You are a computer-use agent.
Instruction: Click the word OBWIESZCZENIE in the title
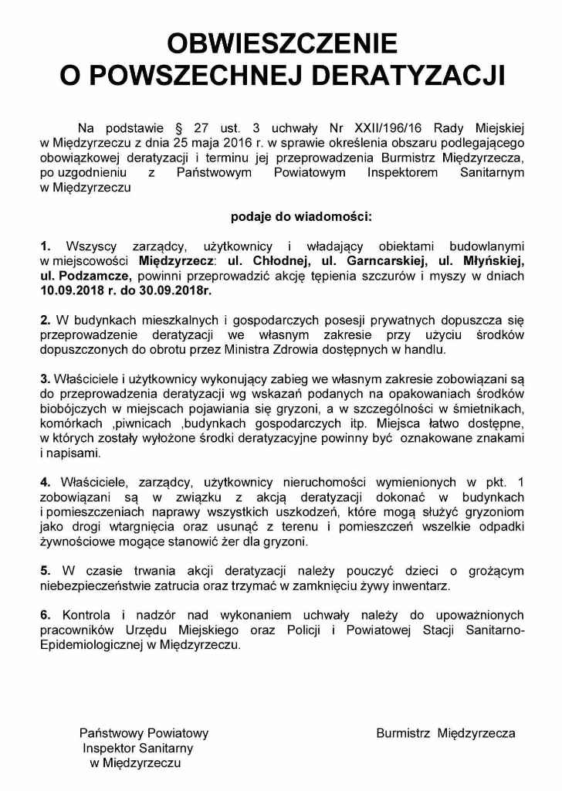coord(282,42)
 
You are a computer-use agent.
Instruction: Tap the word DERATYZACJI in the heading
coord(408,75)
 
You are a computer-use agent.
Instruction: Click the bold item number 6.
coord(46,615)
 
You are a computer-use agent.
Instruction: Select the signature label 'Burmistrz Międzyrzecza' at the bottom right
coord(445,733)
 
